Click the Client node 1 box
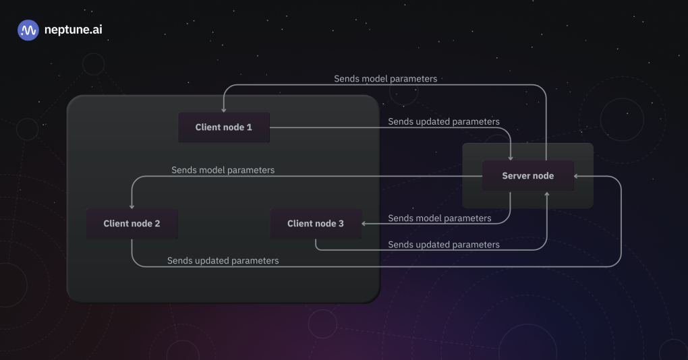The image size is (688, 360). [223, 127]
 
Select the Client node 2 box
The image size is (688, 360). [132, 223]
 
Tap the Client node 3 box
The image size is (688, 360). [315, 223]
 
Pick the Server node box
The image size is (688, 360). [527, 176]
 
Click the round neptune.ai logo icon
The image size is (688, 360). [28, 30]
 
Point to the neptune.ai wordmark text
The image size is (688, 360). [73, 30]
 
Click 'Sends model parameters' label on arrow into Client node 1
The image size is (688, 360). [385, 79]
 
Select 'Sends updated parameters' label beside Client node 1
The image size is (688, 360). [443, 122]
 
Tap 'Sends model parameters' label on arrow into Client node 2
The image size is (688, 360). [223, 170]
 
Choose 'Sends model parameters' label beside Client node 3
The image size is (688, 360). [439, 218]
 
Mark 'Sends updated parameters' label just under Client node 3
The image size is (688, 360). [443, 245]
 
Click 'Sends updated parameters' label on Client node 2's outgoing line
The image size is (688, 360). [223, 260]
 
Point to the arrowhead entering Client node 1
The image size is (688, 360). [223, 109]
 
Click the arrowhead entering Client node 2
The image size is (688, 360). [132, 206]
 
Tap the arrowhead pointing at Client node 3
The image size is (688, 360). [365, 223]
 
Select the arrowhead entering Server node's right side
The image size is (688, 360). [577, 176]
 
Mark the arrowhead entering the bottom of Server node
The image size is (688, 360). [546, 195]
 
